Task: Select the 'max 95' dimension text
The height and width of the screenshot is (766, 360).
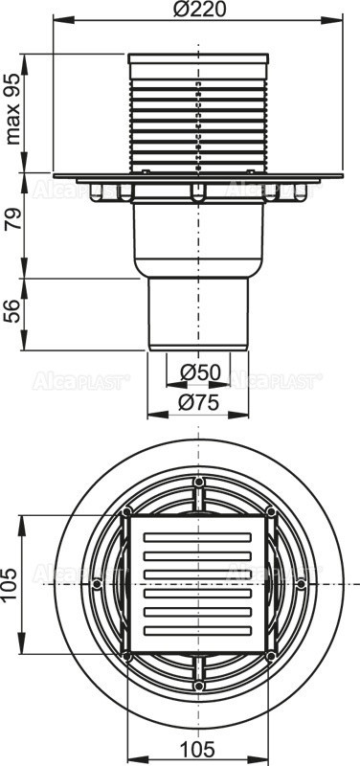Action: pos(13,107)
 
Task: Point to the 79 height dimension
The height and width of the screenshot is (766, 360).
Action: pos(13,227)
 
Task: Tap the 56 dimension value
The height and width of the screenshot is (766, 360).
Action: pos(13,311)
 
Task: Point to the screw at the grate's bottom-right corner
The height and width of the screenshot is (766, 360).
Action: pos(271,656)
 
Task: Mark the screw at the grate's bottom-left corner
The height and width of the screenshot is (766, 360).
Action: pos(126,656)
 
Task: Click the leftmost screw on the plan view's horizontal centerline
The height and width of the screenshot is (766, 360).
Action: pos(97,583)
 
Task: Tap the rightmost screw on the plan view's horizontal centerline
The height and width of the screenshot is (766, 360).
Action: pos(301,583)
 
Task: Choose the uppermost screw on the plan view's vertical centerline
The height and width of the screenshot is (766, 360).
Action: pos(198,482)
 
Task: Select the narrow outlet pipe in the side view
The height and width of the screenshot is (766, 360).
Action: pos(198,311)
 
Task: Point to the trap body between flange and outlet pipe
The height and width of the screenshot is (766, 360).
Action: pos(198,239)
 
